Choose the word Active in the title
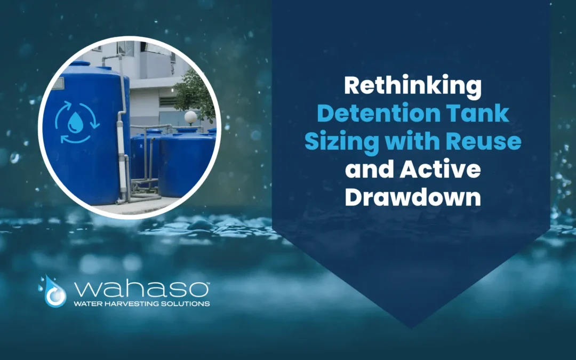coord(444,171)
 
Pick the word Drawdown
coord(412,198)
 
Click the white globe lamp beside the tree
coord(190,116)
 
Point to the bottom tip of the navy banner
coord(411,326)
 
